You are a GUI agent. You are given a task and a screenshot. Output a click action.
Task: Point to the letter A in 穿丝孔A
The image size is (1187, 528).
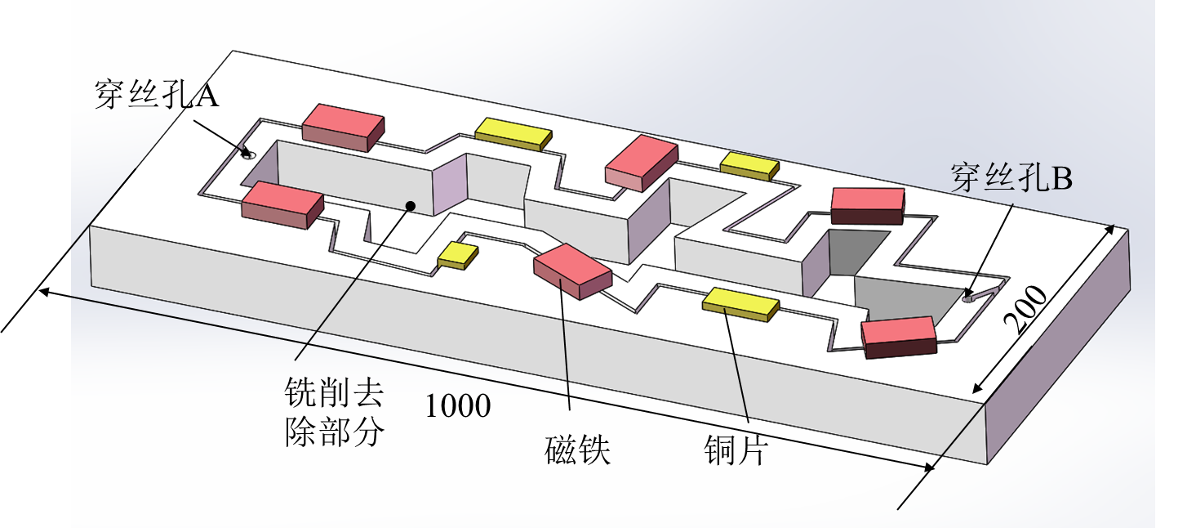click(x=207, y=95)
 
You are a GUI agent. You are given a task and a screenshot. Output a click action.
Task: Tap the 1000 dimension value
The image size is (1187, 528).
click(x=458, y=405)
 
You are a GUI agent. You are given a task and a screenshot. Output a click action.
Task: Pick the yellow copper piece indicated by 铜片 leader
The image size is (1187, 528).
click(x=740, y=304)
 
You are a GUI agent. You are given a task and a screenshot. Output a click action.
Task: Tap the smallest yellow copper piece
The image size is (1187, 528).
click(x=457, y=255)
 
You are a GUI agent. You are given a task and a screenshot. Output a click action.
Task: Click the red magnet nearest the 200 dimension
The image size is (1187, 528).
click(x=898, y=338)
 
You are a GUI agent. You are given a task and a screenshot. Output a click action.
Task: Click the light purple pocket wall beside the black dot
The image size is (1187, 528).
click(x=449, y=184)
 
